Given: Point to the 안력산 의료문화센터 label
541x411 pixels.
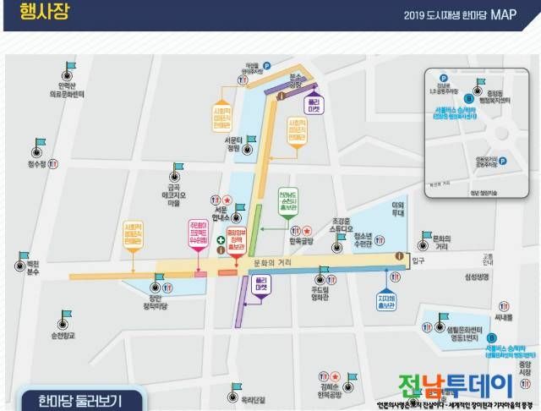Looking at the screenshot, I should pyautogui.click(x=66, y=89).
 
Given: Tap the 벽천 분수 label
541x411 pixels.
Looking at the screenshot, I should pyautogui.click(x=20, y=270).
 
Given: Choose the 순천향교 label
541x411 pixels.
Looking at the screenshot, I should pyautogui.click(x=62, y=337).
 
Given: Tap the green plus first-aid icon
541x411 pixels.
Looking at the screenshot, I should pyautogui.click(x=222, y=242).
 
